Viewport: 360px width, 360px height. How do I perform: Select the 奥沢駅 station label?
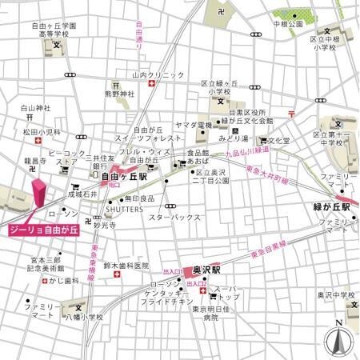click(x=207, y=270)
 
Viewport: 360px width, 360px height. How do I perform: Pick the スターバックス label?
click(x=174, y=217)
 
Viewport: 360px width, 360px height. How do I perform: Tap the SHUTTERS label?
click(x=124, y=210)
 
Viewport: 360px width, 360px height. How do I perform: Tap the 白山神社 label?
click(x=35, y=107)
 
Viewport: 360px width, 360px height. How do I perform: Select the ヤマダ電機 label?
click(x=192, y=126)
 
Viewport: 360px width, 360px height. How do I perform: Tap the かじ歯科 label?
click(x=65, y=281)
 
